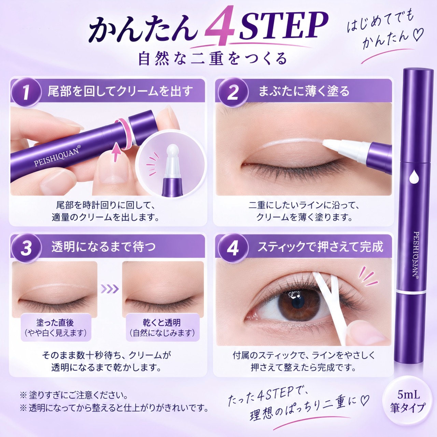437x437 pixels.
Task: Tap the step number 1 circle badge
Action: (26, 92)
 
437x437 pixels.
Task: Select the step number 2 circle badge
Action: (232, 92)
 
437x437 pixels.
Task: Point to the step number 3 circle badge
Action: (26, 248)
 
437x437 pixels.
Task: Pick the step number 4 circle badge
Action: (232, 248)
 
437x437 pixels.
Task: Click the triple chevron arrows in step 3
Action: (110, 289)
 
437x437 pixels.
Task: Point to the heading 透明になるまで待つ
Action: (103, 247)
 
